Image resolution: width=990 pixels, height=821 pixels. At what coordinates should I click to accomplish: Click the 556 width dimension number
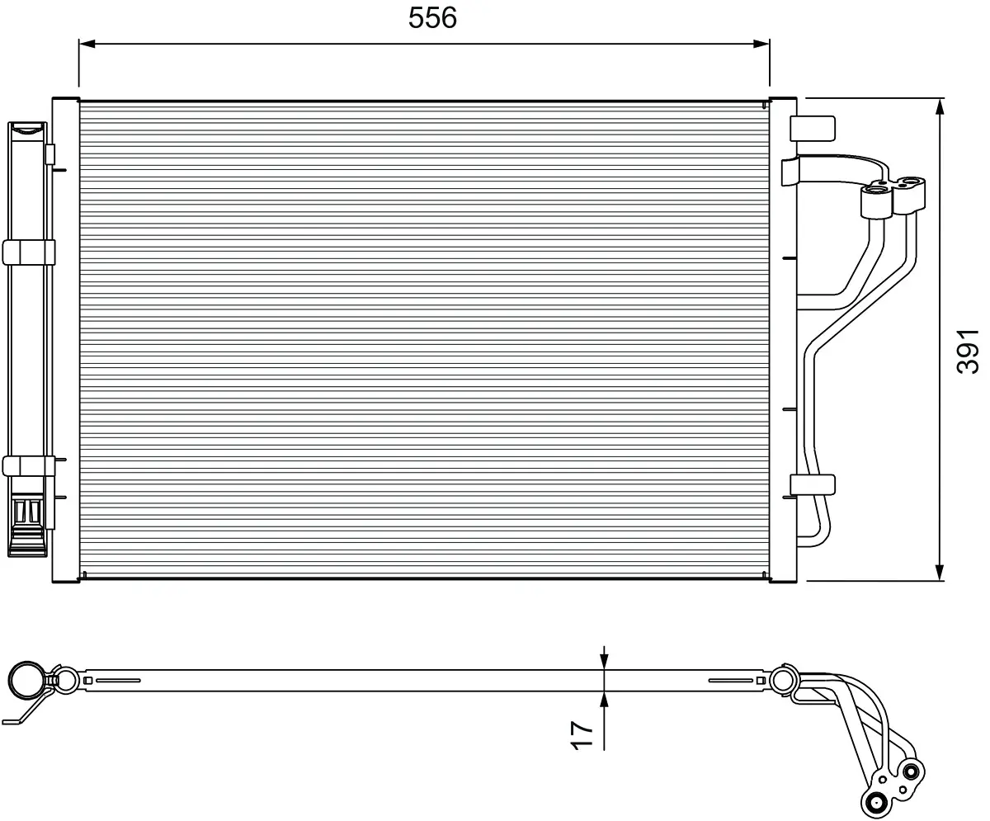pos(432,18)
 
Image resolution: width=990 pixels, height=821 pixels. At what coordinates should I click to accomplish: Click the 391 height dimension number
pos(967,352)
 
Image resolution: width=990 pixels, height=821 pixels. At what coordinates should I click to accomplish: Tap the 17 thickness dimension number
pos(582,735)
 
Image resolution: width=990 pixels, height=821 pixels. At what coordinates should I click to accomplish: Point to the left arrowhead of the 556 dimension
pos(87,44)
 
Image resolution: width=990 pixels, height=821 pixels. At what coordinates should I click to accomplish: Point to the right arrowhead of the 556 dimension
pos(761,44)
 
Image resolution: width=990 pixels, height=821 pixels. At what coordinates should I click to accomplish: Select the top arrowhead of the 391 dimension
pos(940,106)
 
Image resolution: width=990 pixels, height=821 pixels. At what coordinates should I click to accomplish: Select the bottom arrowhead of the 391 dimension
pos(940,573)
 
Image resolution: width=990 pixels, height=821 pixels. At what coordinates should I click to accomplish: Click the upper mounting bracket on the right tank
pos(812,129)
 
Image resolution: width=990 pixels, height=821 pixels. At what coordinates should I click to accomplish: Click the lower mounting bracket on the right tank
pos(812,484)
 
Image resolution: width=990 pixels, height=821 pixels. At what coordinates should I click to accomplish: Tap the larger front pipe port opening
pos(876,191)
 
